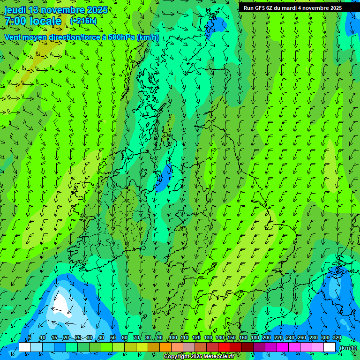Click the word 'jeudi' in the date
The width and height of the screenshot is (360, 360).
[15, 10]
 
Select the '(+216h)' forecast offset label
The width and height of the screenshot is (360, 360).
[83, 21]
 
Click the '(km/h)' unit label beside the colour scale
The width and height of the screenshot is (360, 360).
[347, 347]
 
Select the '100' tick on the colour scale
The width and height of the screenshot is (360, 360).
[172, 337]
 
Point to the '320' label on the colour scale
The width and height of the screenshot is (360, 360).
[337, 337]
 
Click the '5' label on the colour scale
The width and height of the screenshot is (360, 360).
[30, 337]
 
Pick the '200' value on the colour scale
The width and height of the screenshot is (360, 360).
[266, 337]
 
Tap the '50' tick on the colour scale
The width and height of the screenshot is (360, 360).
[113, 337]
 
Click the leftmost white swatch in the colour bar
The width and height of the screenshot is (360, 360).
[25, 347]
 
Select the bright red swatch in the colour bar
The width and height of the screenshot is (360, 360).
[224, 347]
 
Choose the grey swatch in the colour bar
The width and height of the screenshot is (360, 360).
[189, 347]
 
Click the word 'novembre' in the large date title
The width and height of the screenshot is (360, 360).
[60, 10]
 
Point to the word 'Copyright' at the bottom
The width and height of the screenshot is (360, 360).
[177, 357]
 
